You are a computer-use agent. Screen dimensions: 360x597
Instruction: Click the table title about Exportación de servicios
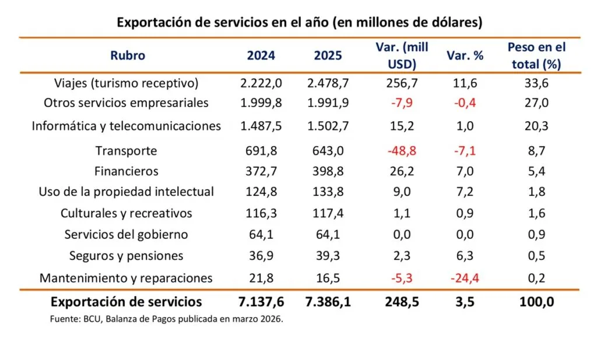299,23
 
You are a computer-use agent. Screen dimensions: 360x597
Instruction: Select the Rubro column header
127,56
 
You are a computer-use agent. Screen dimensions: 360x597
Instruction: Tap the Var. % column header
465,56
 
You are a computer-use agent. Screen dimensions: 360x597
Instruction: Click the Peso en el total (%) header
536,56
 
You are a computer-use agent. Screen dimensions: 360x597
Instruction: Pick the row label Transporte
127,151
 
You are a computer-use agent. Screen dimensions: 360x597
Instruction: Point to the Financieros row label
127,171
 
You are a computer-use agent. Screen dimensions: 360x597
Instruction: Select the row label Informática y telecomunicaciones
127,126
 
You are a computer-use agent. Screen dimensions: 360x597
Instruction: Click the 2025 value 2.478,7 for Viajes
328,83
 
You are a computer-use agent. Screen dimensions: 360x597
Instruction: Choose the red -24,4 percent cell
465,278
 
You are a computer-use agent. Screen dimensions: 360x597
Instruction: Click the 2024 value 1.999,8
261,103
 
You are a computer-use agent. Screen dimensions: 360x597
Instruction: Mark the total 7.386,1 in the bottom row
328,302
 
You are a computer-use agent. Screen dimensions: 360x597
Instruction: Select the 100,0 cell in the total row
536,302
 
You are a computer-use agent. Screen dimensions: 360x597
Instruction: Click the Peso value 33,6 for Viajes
536,83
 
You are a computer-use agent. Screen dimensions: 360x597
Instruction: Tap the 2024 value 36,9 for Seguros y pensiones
261,256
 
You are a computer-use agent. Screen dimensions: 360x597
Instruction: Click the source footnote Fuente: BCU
166,319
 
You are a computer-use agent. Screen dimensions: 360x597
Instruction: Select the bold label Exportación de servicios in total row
127,302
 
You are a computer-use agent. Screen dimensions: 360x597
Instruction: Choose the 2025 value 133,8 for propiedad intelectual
328,192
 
